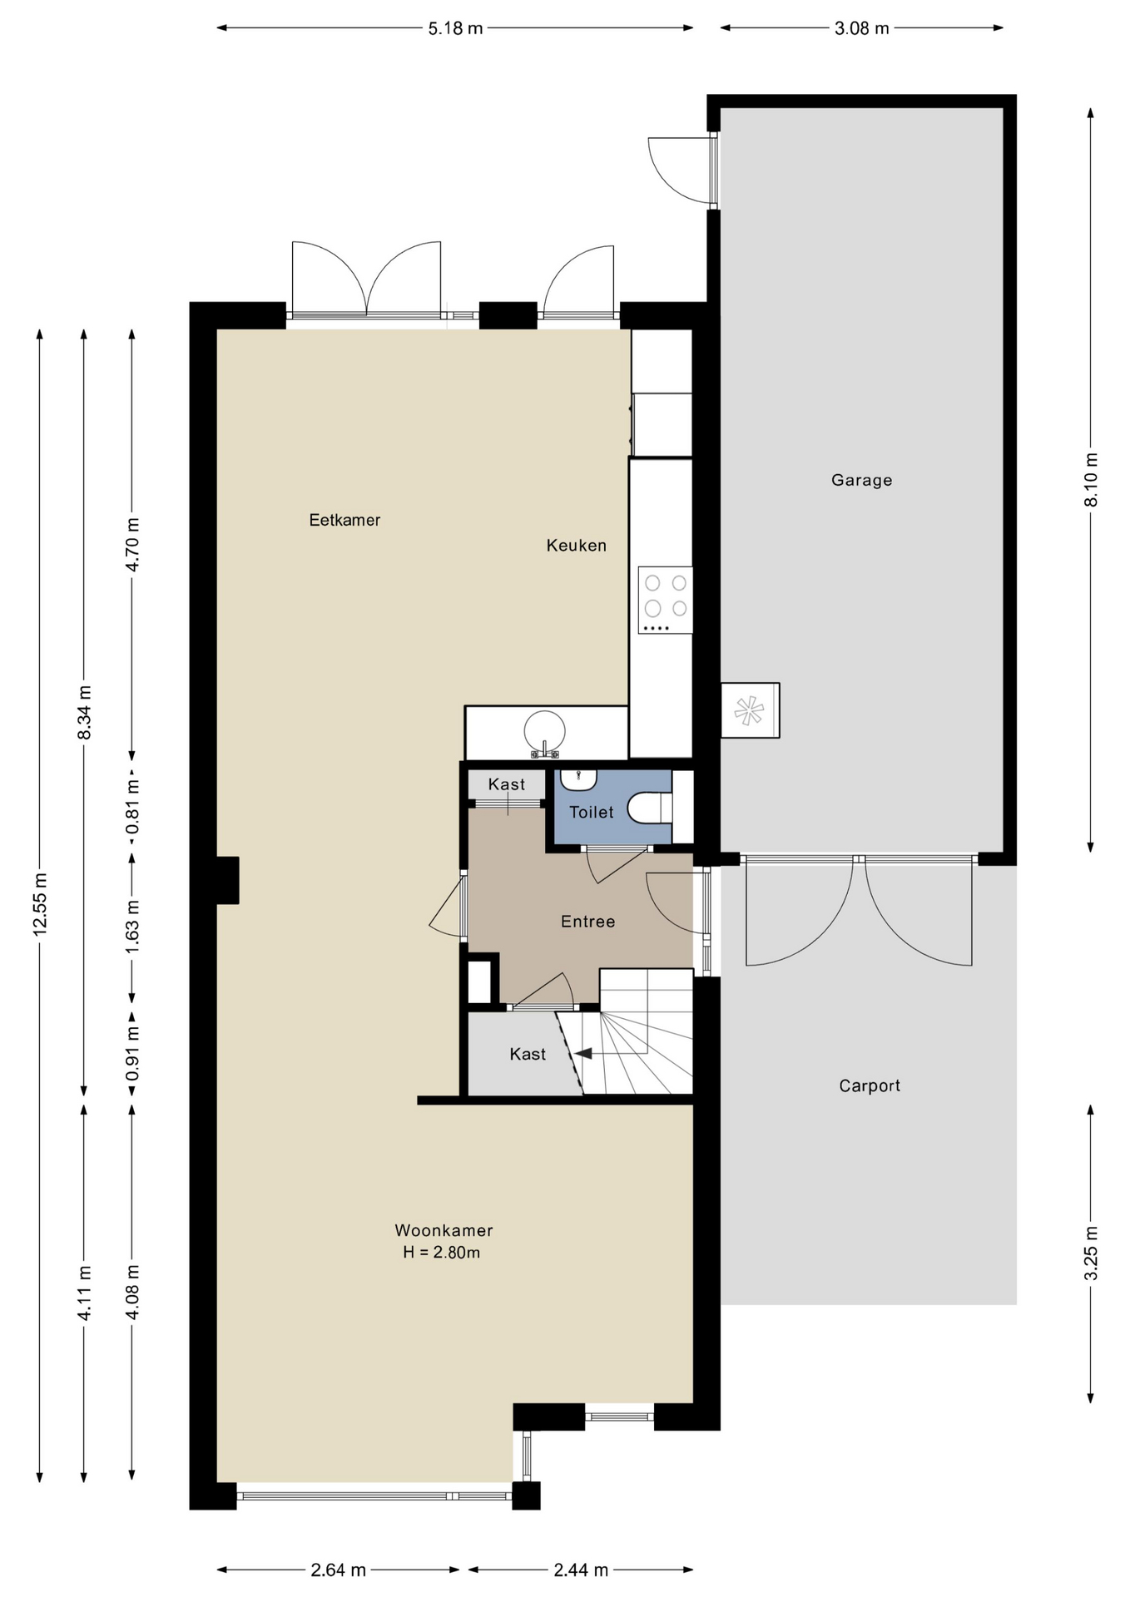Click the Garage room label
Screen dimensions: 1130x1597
tap(861, 480)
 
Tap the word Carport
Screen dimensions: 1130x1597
tap(870, 1085)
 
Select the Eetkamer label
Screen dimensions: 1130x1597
tap(344, 520)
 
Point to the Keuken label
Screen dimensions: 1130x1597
tap(576, 546)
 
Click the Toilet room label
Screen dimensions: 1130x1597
tap(591, 812)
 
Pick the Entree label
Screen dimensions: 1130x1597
tap(587, 922)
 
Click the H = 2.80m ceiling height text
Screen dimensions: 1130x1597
tap(441, 1253)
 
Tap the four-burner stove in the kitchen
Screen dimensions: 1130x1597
tap(666, 600)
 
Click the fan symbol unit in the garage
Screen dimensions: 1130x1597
tap(749, 711)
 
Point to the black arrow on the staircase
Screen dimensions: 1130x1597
tap(583, 1053)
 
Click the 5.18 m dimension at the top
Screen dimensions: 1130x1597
tap(455, 28)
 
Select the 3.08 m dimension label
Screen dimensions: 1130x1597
tap(862, 28)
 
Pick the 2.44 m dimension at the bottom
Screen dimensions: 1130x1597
tap(581, 1570)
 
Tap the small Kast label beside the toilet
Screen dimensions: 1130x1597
tap(507, 784)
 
